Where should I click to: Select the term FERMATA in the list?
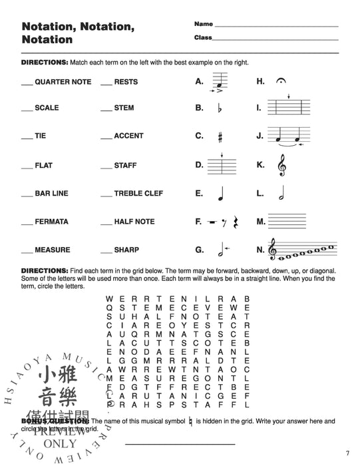tap(51, 222)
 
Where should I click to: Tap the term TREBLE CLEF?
tap(136, 194)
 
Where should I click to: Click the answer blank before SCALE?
tap(27, 109)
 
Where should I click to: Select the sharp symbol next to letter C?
tap(219, 136)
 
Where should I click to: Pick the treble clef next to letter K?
tap(281, 165)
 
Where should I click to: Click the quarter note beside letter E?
tap(219, 194)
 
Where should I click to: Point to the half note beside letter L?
tap(279, 194)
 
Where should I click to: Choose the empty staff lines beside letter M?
tap(287, 222)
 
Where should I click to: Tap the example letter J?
tap(260, 136)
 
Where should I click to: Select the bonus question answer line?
tap(179, 443)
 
